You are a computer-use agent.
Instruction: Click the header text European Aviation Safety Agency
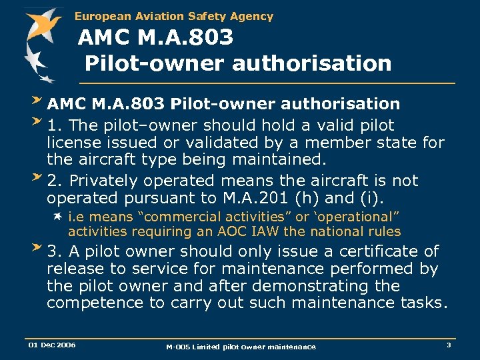coord(174,16)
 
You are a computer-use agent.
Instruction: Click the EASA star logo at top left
coord(41,42)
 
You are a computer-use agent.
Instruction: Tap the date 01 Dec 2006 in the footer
coord(51,345)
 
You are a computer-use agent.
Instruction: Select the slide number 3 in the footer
coord(449,345)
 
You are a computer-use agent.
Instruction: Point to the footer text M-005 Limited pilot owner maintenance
coord(241,346)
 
